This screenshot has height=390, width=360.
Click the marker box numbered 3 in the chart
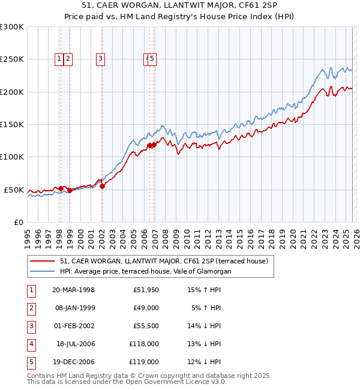(100, 59)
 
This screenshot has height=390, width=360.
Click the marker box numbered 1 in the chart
(59, 59)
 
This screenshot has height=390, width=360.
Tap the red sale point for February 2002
(102, 186)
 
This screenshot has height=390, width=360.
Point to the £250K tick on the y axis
(12, 59)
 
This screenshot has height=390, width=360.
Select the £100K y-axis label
(12, 157)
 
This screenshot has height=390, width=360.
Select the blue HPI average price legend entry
(145, 271)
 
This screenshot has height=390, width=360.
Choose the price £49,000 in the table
(146, 308)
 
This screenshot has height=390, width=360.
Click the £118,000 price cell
(144, 344)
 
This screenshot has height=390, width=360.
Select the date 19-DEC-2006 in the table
(73, 362)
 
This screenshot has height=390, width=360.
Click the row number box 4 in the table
(31, 344)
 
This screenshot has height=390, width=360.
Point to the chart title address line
(179, 6)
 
